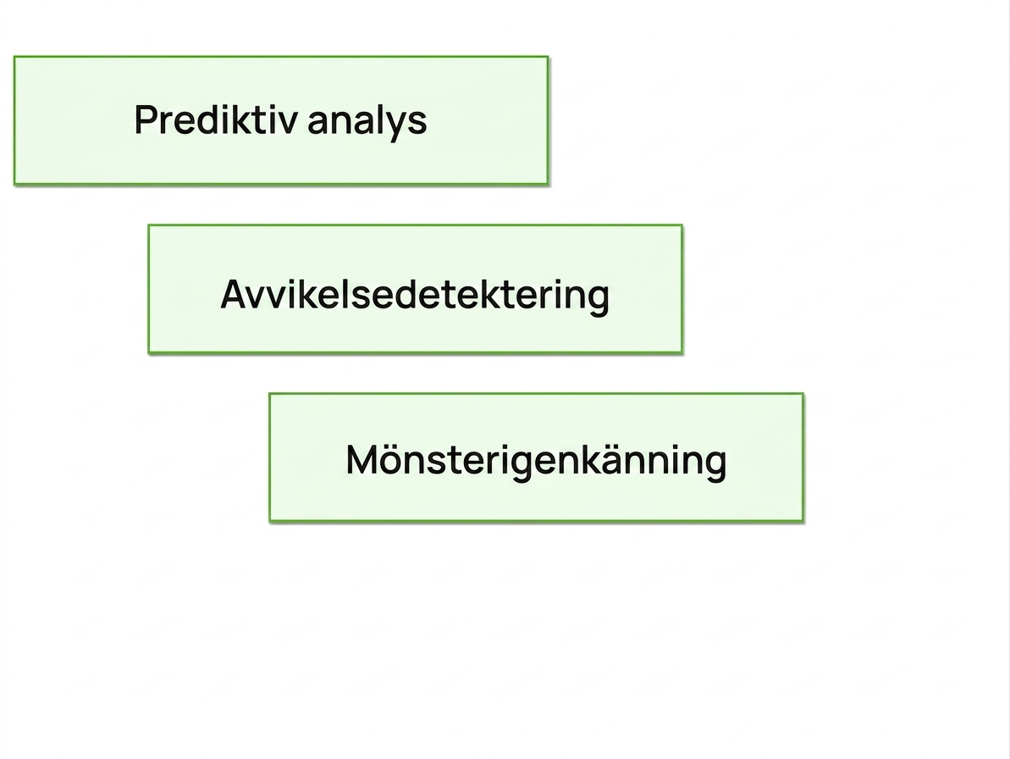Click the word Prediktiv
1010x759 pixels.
click(x=216, y=119)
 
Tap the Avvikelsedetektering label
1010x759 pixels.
click(x=415, y=295)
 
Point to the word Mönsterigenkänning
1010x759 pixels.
click(x=536, y=461)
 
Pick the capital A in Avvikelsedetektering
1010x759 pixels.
click(x=234, y=295)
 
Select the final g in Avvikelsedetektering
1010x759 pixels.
click(x=598, y=301)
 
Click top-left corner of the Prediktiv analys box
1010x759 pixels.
click(x=14, y=57)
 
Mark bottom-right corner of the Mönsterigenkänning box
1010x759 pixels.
click(x=803, y=521)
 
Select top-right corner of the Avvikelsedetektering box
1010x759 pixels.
click(x=682, y=225)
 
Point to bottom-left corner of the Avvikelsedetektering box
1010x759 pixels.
click(x=149, y=352)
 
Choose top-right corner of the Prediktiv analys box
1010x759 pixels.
click(x=548, y=57)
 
